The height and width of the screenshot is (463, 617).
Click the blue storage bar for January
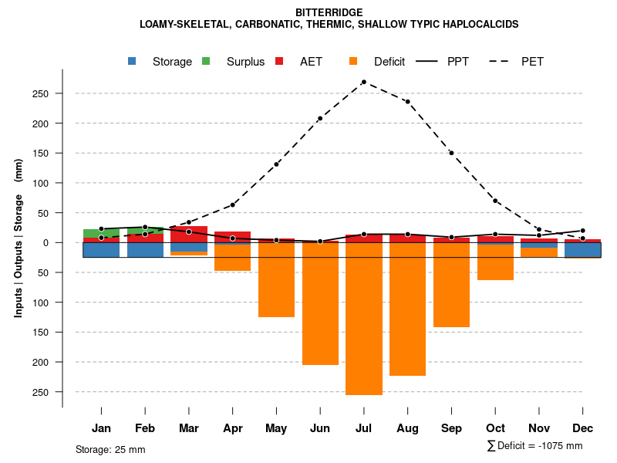click(101, 249)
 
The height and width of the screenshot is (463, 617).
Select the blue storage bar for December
click(582, 249)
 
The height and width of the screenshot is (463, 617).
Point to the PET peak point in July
click(363, 82)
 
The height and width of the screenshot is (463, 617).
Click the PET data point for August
click(407, 101)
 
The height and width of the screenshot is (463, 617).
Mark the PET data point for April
click(232, 204)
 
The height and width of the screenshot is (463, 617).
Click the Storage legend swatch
click(133, 61)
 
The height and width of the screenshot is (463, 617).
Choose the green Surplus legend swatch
click(206, 61)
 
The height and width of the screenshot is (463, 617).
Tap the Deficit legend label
click(389, 62)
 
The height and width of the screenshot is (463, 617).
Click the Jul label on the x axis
click(364, 428)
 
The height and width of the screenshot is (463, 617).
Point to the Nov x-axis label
click(539, 428)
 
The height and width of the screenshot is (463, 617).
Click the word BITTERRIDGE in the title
click(329, 12)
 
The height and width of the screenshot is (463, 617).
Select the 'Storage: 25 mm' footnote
click(110, 449)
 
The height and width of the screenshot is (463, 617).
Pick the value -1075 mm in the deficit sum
click(555, 446)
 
